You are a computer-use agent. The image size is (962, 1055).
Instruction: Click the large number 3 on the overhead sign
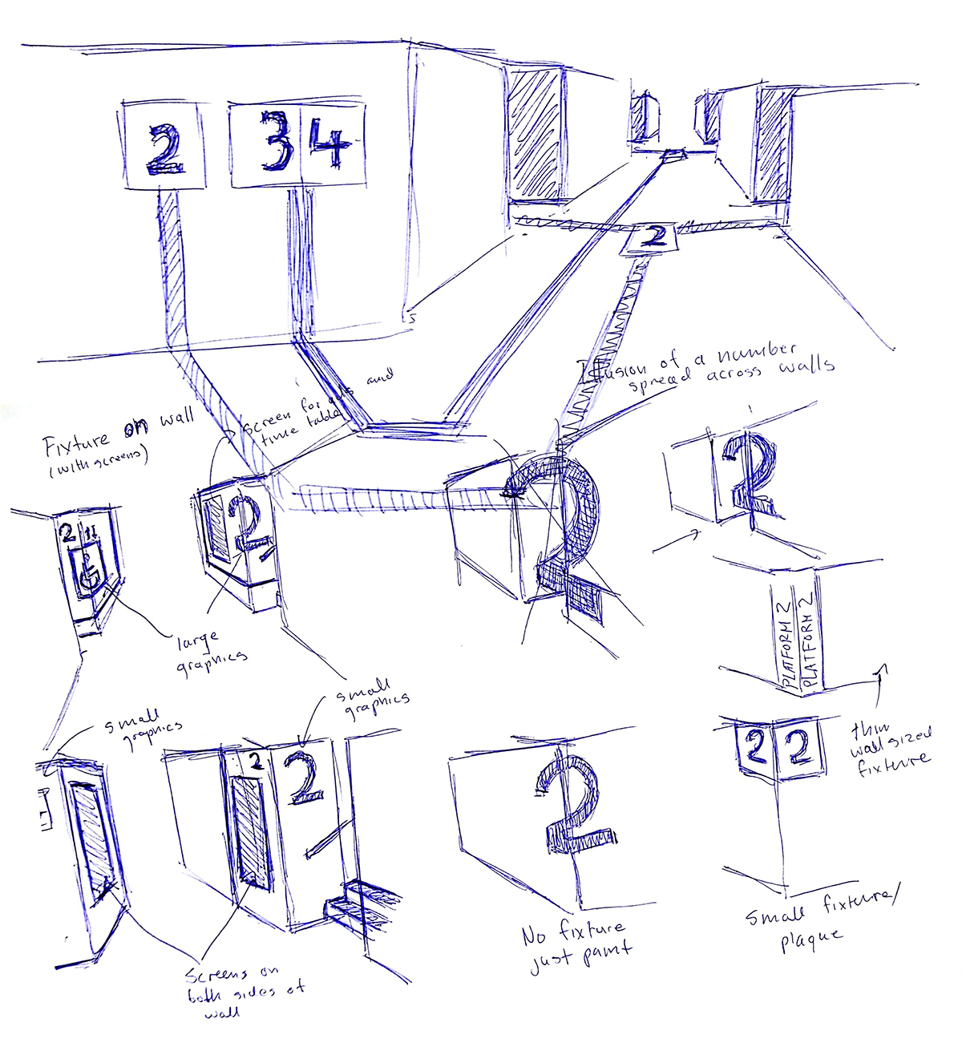[x=274, y=142]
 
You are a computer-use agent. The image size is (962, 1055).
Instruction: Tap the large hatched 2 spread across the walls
[x=561, y=521]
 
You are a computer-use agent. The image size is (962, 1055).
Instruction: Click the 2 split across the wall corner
[x=747, y=473]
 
